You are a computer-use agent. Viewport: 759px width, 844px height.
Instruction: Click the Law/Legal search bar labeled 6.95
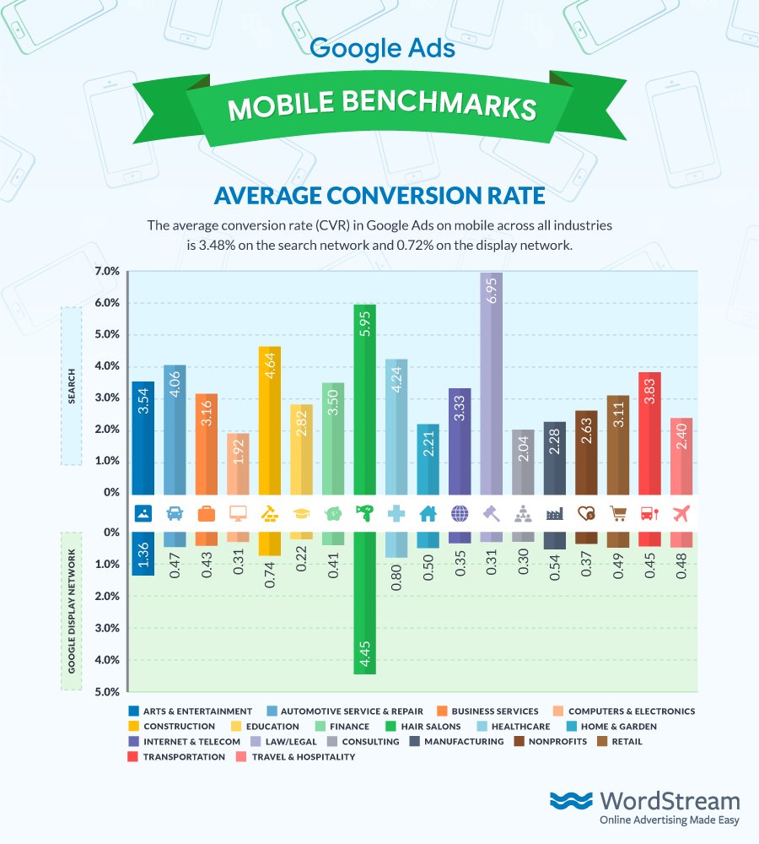click(492, 383)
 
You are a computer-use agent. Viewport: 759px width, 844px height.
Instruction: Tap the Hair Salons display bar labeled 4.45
click(364, 603)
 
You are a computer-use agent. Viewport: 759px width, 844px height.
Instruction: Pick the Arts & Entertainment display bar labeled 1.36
click(143, 554)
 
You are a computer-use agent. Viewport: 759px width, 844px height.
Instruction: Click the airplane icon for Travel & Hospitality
click(681, 513)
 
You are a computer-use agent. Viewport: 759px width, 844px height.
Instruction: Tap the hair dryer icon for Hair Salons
click(364, 513)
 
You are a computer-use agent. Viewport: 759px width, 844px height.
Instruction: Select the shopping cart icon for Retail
click(618, 513)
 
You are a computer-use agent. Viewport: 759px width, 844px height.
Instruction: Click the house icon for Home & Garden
click(428, 513)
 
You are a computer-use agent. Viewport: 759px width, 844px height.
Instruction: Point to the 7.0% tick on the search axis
click(108, 272)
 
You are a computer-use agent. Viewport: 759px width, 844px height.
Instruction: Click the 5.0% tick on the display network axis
click(108, 692)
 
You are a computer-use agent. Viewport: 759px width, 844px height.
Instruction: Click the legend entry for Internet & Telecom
click(186, 742)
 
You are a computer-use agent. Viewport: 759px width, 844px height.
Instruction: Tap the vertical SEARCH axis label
click(71, 385)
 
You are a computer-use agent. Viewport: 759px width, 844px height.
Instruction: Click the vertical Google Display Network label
click(71, 611)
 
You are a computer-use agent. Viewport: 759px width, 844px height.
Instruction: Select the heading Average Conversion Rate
click(379, 196)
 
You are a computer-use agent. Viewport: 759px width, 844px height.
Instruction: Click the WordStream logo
click(645, 809)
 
